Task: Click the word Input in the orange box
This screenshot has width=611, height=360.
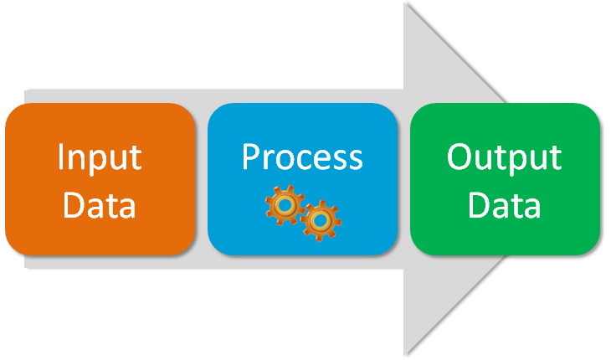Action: [x=99, y=157]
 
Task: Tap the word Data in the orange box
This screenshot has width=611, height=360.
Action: [x=99, y=205]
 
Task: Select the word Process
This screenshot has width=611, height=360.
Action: [x=302, y=157]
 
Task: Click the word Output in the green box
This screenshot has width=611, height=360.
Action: [x=504, y=157]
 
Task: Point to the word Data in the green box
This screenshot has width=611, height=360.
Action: [x=504, y=205]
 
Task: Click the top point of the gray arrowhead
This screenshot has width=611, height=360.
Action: [x=406, y=5]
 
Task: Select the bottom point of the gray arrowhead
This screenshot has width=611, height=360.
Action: [x=406, y=353]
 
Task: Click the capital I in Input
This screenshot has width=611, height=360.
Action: [x=60, y=157]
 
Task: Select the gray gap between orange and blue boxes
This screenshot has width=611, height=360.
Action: [x=202, y=179]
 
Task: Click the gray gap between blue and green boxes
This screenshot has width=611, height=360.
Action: [x=405, y=179]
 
